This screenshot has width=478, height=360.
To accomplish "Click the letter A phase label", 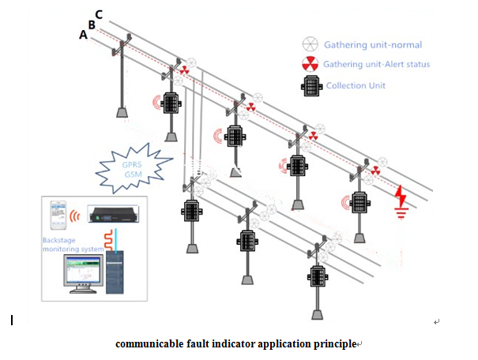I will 83,35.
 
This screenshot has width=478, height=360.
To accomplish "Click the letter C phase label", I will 98,14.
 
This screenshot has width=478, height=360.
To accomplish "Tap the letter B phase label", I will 91,24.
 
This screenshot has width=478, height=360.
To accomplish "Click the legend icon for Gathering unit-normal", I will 311,44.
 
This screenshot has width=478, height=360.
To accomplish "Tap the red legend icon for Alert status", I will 311,64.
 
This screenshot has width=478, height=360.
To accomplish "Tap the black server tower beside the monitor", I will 115,272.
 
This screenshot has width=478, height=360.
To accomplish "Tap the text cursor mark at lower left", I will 12,321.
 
